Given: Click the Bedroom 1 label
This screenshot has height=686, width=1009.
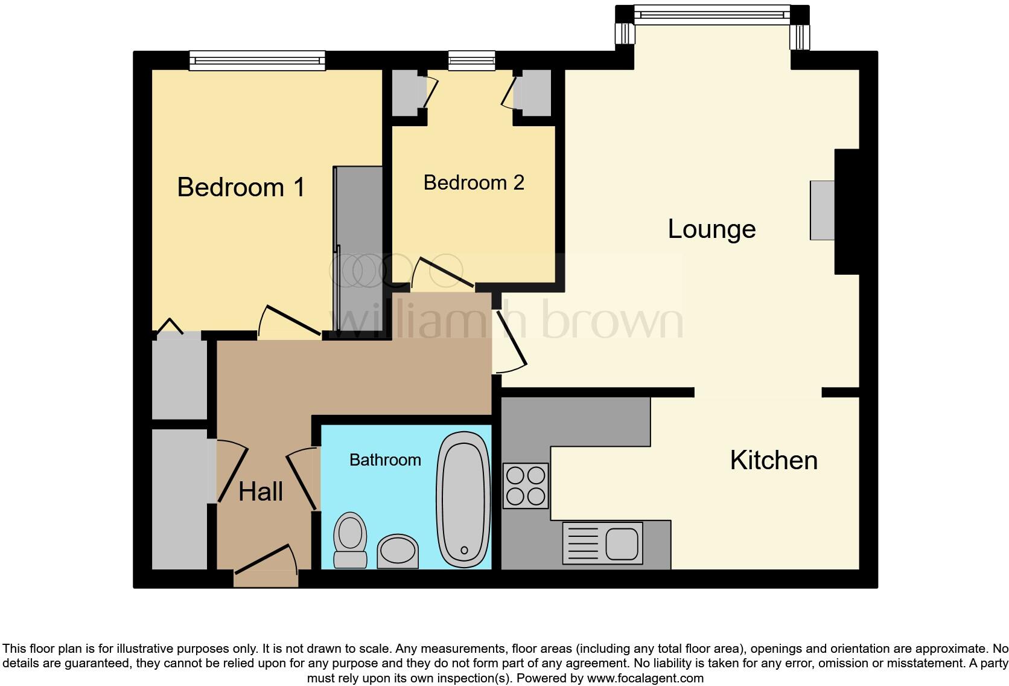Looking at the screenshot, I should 241,187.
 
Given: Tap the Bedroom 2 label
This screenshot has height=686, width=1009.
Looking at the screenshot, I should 474,182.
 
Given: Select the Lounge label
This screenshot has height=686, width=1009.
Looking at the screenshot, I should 711,229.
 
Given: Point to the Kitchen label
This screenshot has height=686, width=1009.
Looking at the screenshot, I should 774,460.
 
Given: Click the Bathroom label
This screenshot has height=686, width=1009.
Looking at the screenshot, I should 385,460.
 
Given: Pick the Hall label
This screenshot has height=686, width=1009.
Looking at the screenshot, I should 261,492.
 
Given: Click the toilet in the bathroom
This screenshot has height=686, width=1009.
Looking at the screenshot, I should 351,539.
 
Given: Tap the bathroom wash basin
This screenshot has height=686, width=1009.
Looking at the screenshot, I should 398,550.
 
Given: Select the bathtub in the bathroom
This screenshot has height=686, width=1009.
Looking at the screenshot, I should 463,499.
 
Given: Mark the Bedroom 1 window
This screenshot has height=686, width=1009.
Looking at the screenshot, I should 257,60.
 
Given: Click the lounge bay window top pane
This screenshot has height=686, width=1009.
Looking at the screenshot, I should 712,14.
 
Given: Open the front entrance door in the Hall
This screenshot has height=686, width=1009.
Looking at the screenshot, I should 266,562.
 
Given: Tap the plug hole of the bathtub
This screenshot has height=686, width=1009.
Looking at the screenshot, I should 464,550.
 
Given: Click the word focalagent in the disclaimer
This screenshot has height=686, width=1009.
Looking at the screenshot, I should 669,678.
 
